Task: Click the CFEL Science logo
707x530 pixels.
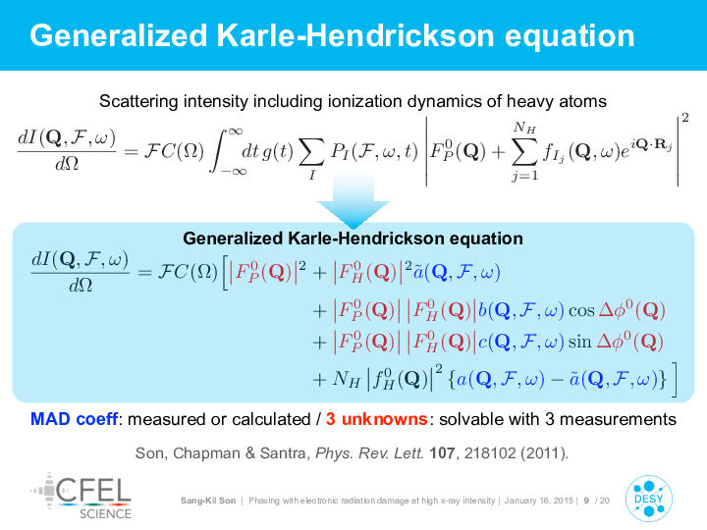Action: [82, 496]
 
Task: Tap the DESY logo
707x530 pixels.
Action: [649, 499]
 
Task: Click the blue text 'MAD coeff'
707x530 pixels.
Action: [74, 419]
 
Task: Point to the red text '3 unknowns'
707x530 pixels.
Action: [376, 419]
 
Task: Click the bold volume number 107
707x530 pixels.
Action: [442, 452]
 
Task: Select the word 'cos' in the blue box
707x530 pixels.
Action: [581, 310]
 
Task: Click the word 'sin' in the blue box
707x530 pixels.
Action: [580, 342]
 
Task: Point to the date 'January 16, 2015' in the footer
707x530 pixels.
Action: [539, 501]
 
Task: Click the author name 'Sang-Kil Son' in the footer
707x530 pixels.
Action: [208, 501]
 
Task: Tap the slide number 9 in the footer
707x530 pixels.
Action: [586, 501]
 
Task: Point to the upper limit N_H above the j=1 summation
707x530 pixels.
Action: [524, 128]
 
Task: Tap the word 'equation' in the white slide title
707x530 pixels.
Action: [570, 36]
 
